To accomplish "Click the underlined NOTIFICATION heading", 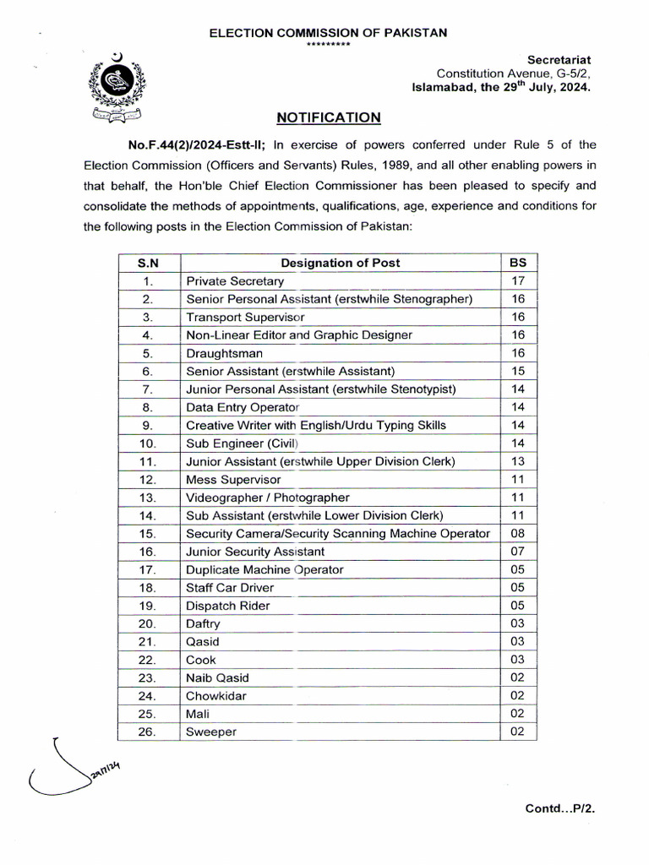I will [x=328, y=117].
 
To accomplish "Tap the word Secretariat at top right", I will [x=559, y=59].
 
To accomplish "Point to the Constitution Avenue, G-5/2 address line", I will [x=513, y=73].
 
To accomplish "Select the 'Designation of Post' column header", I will [x=340, y=263].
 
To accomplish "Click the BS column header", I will [x=518, y=263].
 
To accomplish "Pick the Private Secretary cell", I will [x=235, y=281].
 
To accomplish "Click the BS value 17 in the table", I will [x=518, y=280].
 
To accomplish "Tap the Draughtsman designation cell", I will [x=224, y=353].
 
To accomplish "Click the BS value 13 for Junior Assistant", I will [x=518, y=461].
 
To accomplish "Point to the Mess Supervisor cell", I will [x=233, y=479].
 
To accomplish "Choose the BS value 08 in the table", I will [x=518, y=533].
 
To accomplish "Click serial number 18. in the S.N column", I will [x=147, y=587].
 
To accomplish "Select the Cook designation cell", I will [x=201, y=660].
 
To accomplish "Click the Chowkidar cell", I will [x=215, y=696].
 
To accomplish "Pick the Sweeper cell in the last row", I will [x=211, y=732].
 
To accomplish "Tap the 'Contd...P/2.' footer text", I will [x=560, y=808].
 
